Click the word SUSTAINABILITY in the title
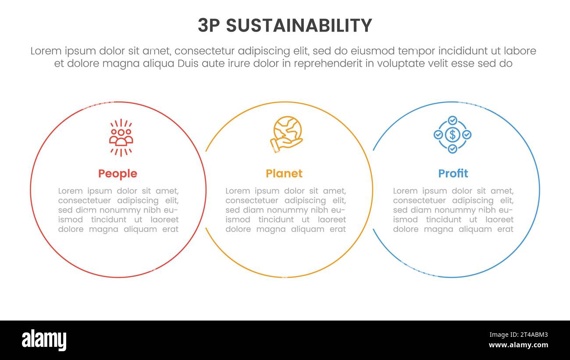point(299,26)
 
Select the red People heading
point(118,174)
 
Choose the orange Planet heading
point(284,174)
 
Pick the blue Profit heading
point(453,174)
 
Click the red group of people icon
point(121,137)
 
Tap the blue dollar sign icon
point(452,135)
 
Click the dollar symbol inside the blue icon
point(452,135)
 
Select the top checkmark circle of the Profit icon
point(452,120)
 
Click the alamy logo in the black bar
point(44,340)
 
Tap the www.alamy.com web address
point(518,345)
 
